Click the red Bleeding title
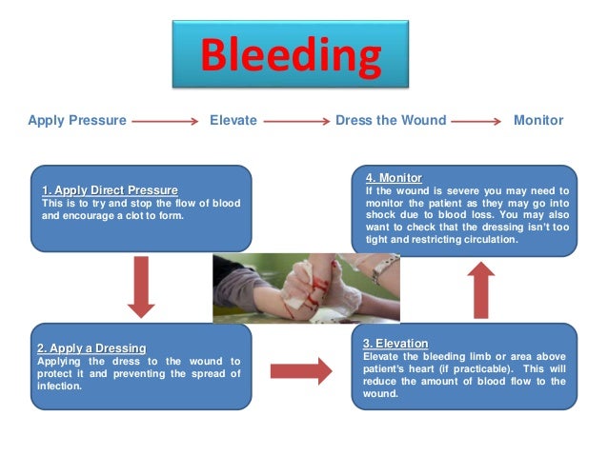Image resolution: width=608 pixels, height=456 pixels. (291, 56)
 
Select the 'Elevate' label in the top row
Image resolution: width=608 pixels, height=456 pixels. (233, 121)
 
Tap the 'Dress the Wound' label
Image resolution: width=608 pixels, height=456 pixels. (390, 121)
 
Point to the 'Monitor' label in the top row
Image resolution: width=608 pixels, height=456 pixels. (538, 121)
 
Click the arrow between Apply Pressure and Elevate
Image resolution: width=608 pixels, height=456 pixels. (165, 122)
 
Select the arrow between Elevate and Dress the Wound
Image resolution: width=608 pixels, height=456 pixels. (295, 122)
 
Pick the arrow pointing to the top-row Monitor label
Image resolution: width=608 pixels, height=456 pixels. (476, 122)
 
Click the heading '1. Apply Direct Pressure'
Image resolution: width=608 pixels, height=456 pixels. (110, 190)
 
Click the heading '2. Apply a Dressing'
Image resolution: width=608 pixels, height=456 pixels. (92, 348)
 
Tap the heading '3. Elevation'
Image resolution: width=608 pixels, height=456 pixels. (395, 343)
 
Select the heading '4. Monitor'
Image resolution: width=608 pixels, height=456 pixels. (394, 178)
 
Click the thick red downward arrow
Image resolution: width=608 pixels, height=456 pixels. (141, 285)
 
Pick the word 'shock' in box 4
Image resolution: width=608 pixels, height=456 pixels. (381, 215)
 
